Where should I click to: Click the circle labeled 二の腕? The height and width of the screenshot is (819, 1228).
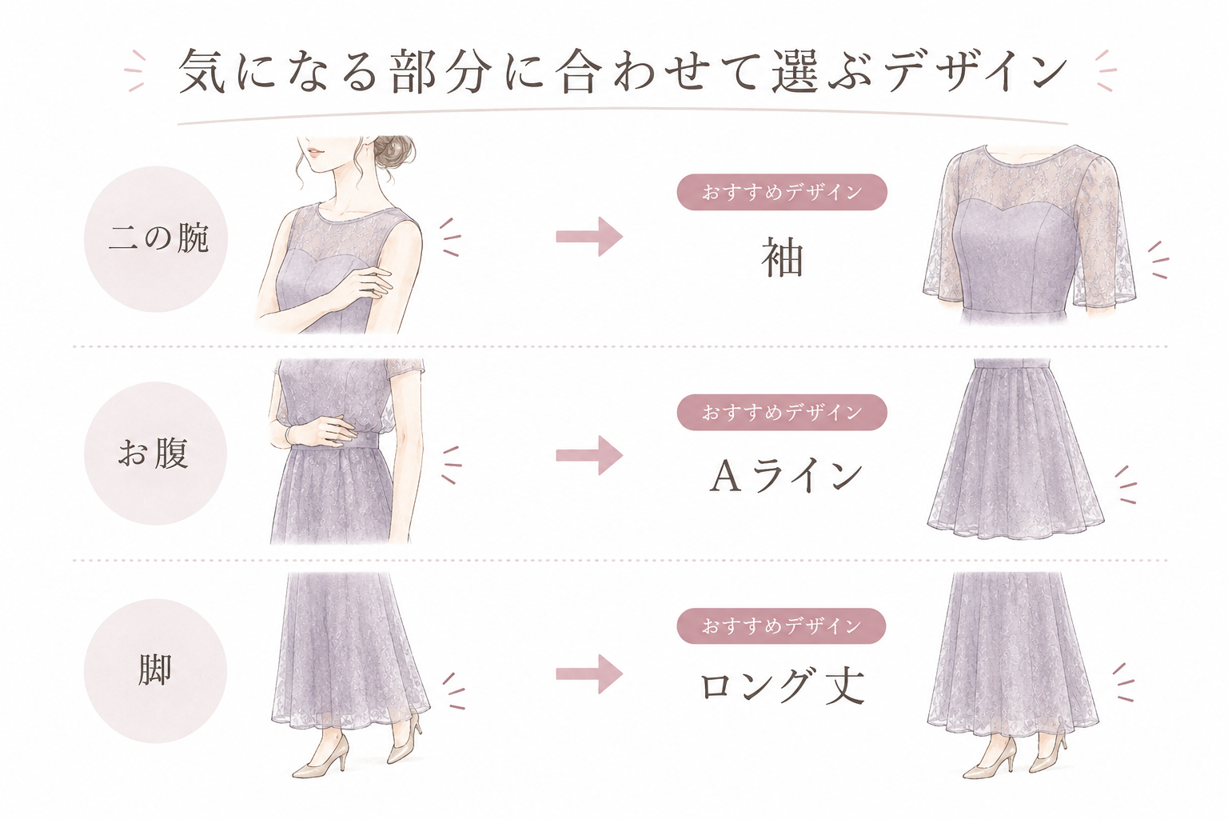coord(156,239)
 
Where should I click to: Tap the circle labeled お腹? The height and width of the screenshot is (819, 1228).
coord(155,453)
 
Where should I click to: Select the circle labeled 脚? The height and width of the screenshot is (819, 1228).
coord(155,670)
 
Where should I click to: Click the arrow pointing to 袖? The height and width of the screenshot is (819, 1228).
coord(589,237)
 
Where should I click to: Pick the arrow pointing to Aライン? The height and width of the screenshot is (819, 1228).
coord(589,455)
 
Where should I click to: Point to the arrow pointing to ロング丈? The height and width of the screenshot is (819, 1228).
coord(589,673)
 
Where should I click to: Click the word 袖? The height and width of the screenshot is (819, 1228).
coord(783,258)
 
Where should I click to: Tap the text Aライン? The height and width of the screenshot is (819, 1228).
coord(786,476)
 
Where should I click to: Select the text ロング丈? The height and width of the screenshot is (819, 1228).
coord(783,685)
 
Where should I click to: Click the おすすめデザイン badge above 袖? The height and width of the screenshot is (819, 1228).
coord(782,192)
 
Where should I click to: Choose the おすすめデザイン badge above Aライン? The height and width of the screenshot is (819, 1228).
coord(782,412)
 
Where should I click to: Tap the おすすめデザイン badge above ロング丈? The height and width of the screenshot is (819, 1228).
coord(781,625)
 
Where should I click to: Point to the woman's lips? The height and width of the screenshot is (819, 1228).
coord(315,151)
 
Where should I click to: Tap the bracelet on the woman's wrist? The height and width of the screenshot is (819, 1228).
coord(289,436)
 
